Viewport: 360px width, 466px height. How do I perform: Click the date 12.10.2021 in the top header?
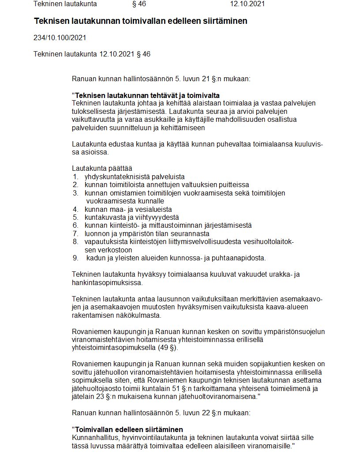click(247, 4)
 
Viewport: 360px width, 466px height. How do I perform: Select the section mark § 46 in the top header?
click(139, 4)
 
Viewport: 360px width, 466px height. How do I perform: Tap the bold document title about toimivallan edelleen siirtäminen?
click(140, 21)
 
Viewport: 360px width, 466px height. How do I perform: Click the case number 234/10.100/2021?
click(60, 38)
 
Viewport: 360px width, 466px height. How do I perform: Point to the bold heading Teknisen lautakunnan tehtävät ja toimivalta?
click(147, 95)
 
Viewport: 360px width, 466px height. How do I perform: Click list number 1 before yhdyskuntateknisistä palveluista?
click(75, 177)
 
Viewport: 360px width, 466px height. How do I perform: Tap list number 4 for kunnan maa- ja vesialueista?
click(75, 209)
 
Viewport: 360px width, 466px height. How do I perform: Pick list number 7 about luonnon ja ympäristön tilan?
click(75, 233)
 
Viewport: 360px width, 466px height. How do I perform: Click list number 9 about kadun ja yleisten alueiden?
click(75, 258)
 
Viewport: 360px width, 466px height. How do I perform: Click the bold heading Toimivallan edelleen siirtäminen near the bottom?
click(128, 429)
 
